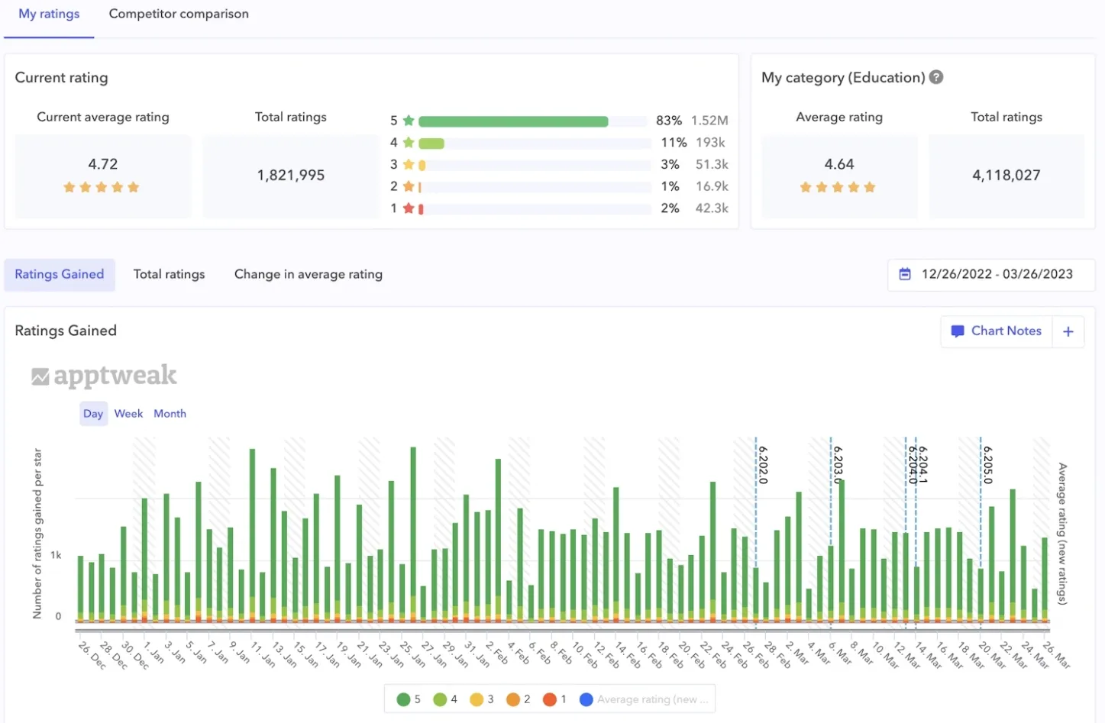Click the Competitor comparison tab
tap(179, 14)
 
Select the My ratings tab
tap(49, 14)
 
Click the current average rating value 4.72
tap(103, 164)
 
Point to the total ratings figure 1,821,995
tap(291, 176)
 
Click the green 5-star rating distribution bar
tap(513, 121)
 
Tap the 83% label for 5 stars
tap(669, 121)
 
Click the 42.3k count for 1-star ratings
tap(712, 208)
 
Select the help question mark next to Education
tap(936, 77)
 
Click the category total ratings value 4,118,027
tap(1006, 176)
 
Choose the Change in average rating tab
tap(309, 274)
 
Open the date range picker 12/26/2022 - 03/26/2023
tap(990, 274)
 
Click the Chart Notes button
tap(997, 331)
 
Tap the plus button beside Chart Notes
tap(1068, 331)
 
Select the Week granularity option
tap(128, 414)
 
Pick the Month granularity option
tap(170, 414)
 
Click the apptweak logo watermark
tap(105, 376)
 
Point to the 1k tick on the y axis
tap(56, 555)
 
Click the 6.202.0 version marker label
tap(763, 465)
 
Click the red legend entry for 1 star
tap(555, 699)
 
